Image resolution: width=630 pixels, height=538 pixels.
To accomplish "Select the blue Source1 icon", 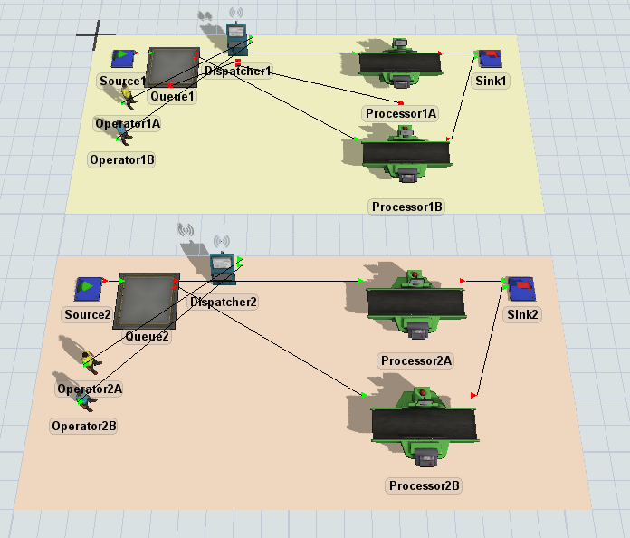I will (x=123, y=59).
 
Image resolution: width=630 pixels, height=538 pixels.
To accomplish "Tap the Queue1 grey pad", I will (x=172, y=67).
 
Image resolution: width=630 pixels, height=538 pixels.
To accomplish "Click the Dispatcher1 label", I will (x=237, y=71).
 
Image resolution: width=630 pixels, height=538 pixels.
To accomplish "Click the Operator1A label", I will (x=128, y=122).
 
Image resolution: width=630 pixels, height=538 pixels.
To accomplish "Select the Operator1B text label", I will (x=122, y=160).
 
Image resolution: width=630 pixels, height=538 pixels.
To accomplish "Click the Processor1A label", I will (x=400, y=113).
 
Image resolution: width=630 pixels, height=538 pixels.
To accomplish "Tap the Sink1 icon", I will (x=490, y=59).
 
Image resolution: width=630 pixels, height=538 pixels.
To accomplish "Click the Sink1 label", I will (x=492, y=81).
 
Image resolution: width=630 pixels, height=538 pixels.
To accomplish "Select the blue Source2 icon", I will (x=87, y=289).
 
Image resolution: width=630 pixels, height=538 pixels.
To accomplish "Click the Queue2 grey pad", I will (x=148, y=300).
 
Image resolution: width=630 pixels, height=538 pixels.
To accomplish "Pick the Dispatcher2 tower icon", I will (x=222, y=266).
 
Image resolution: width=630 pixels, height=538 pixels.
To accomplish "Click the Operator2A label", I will (x=90, y=389).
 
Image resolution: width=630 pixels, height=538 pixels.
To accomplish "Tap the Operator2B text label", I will (x=84, y=426).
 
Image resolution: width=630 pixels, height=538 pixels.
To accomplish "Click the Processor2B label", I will (x=425, y=485).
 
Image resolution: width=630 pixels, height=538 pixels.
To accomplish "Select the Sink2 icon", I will (x=520, y=289).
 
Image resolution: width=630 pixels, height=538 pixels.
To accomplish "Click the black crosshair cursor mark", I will (x=95, y=34).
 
